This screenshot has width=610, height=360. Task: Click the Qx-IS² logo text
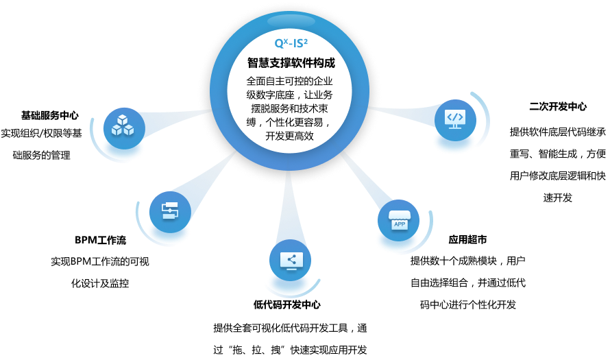(291, 43)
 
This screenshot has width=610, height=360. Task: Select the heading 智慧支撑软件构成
(291, 62)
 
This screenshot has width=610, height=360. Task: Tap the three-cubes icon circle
(124, 128)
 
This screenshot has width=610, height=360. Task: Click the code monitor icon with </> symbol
(455, 120)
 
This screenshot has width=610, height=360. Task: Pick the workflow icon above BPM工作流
(170, 212)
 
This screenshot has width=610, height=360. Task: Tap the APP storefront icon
(398, 220)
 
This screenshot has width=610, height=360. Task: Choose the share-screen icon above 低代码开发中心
(290, 260)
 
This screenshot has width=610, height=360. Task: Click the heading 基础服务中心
(50, 115)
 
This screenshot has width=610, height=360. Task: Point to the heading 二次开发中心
(558, 106)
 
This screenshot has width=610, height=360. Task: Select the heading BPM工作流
(100, 240)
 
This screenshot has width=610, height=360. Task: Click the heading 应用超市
(467, 239)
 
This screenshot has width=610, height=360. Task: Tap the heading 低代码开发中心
(286, 304)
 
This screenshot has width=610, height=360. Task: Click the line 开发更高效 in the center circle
(289, 136)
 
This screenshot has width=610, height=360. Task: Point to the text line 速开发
(557, 197)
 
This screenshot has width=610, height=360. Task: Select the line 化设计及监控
(100, 283)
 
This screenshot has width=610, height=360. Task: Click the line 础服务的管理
(42, 155)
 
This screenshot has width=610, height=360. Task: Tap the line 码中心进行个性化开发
(468, 304)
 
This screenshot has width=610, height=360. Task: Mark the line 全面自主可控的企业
(289, 81)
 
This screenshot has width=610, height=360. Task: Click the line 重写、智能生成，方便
(558, 154)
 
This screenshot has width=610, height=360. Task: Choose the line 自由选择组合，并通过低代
(468, 283)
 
